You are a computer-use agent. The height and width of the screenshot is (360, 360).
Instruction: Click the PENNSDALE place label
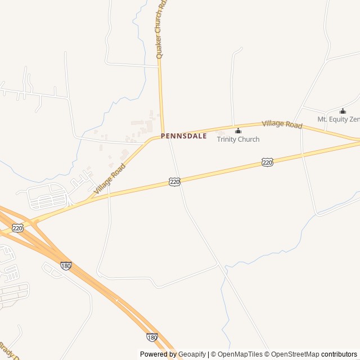[x=183, y=136]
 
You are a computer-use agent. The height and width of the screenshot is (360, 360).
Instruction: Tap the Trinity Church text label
[x=238, y=139]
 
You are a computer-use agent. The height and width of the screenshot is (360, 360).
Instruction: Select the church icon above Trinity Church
[x=238, y=131]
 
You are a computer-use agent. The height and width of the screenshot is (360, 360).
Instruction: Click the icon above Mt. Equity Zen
[x=343, y=111]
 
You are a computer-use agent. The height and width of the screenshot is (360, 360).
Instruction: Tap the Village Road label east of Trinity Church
[x=282, y=124]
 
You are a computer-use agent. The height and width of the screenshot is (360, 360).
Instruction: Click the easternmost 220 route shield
[x=267, y=163]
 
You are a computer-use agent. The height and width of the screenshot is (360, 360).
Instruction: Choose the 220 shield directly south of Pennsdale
[x=174, y=182]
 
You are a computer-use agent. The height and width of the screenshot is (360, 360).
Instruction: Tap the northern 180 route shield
[x=66, y=265]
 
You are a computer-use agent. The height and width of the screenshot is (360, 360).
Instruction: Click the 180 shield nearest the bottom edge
[x=152, y=337]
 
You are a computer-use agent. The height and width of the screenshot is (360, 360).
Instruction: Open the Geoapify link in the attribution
[x=192, y=354]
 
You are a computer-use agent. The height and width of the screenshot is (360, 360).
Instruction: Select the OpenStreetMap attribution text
[x=295, y=354]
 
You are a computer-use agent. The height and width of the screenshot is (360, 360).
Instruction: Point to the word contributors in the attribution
[x=339, y=354]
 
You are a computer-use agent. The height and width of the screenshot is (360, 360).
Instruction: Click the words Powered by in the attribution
[x=158, y=354]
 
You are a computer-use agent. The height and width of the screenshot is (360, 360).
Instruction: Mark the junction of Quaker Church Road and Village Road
[x=163, y=134]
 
